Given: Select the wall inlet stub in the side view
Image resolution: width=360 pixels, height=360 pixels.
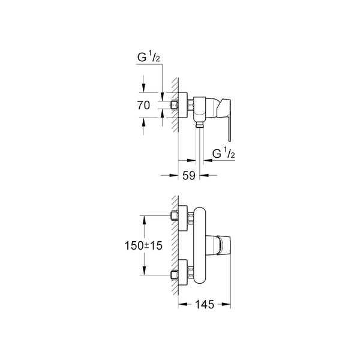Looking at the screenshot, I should pos(176,105).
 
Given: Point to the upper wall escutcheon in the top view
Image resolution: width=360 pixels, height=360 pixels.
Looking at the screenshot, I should pos(184,217).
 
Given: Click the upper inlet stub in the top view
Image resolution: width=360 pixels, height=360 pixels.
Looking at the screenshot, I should pos(175,216).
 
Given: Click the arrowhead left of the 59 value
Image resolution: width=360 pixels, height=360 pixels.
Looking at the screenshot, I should pos(176,176).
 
